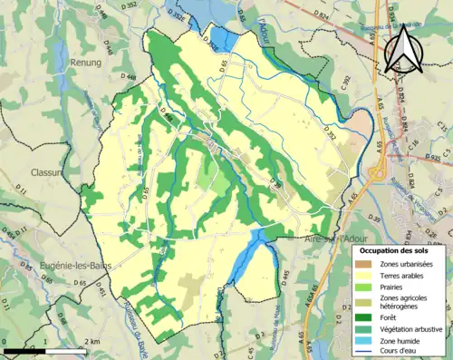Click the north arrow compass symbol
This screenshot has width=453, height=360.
[401, 48]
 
